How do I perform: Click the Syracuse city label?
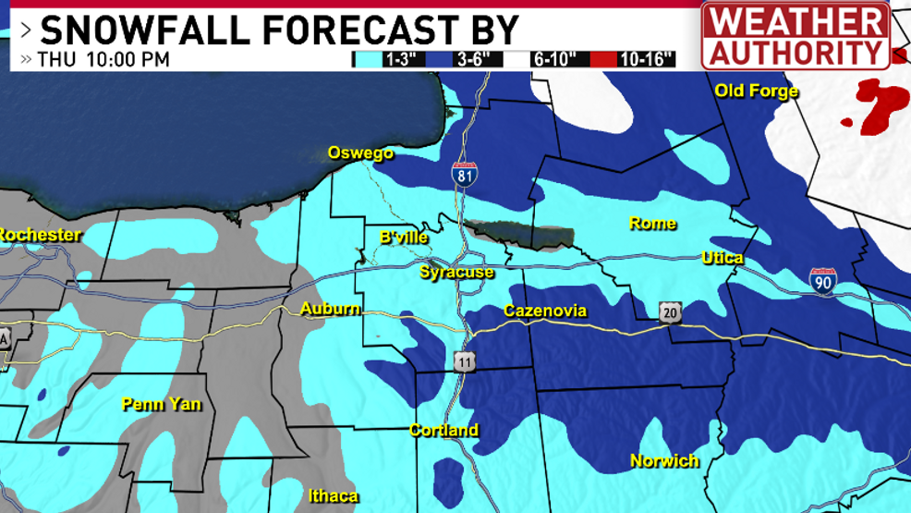(x=456, y=273)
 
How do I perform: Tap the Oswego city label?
(x=360, y=153)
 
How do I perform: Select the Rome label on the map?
(x=652, y=224)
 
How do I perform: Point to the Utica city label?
(x=722, y=258)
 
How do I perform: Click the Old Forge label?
(x=756, y=91)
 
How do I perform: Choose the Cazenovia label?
(x=544, y=311)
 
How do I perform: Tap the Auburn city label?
(x=330, y=309)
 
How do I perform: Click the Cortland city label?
(x=444, y=430)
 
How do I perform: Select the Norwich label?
(x=664, y=460)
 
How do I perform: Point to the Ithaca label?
(x=334, y=496)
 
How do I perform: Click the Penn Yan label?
(x=161, y=404)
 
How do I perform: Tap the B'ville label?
(x=404, y=238)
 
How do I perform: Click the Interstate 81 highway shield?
(x=465, y=173)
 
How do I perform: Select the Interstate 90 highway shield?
(x=822, y=282)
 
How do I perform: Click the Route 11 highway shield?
(x=464, y=361)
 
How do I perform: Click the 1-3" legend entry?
(x=386, y=60)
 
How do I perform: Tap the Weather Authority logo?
(x=796, y=35)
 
